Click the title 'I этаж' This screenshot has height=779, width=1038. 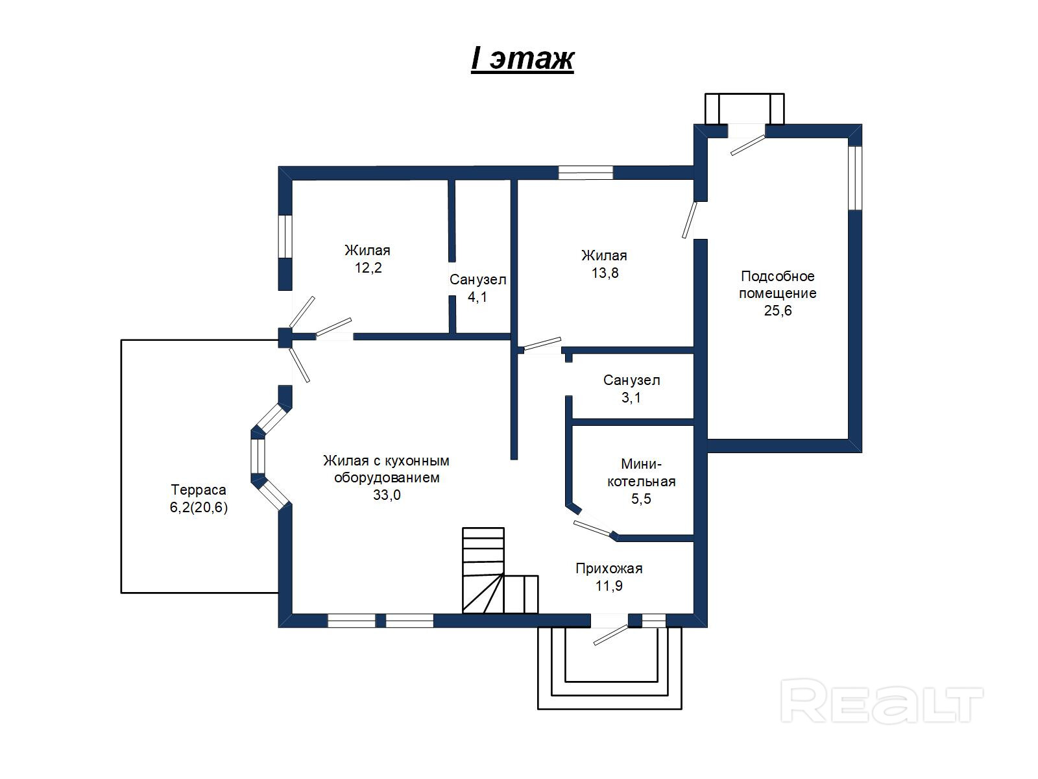click(522, 58)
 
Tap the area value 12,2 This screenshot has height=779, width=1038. click(368, 267)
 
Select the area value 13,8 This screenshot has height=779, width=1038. click(605, 273)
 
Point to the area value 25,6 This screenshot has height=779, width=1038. click(778, 310)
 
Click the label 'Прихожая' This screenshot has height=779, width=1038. click(609, 569)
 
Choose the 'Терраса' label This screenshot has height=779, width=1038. click(199, 490)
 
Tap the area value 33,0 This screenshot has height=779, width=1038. click(386, 495)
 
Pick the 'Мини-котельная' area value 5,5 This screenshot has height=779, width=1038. click(641, 499)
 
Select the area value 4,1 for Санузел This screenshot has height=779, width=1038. click(477, 297)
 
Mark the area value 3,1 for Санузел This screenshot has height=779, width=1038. click(631, 397)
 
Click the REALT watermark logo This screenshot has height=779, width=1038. click(882, 701)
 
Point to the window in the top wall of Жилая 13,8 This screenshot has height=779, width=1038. click(586, 173)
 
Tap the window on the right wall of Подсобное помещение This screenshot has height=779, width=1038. click(855, 178)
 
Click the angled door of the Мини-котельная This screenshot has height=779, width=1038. click(594, 529)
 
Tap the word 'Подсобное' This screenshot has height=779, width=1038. click(778, 276)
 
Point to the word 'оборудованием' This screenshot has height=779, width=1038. click(386, 478)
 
